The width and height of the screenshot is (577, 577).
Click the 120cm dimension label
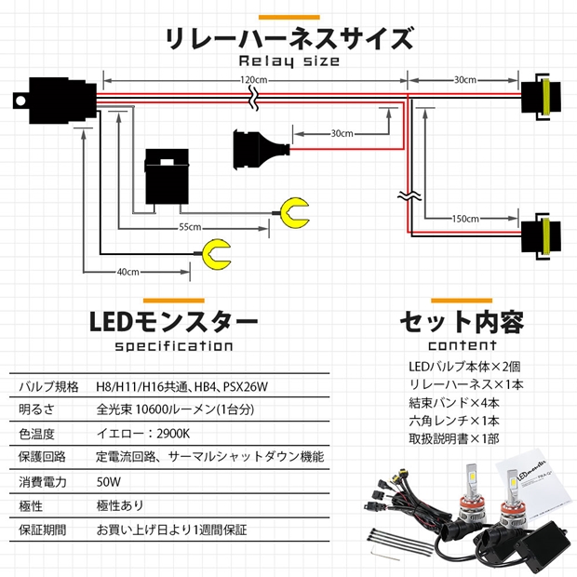point(254,81)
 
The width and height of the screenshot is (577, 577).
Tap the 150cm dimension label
point(465,219)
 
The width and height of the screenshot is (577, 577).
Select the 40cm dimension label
point(128,272)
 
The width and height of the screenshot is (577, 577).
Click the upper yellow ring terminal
point(296,211)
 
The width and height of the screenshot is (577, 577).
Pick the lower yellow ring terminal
point(216,252)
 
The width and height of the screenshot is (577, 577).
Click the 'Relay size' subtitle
point(288,61)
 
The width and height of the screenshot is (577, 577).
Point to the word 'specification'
point(174,346)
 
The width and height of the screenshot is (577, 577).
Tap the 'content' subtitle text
point(461,346)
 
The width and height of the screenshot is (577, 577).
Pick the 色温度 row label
point(36,434)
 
